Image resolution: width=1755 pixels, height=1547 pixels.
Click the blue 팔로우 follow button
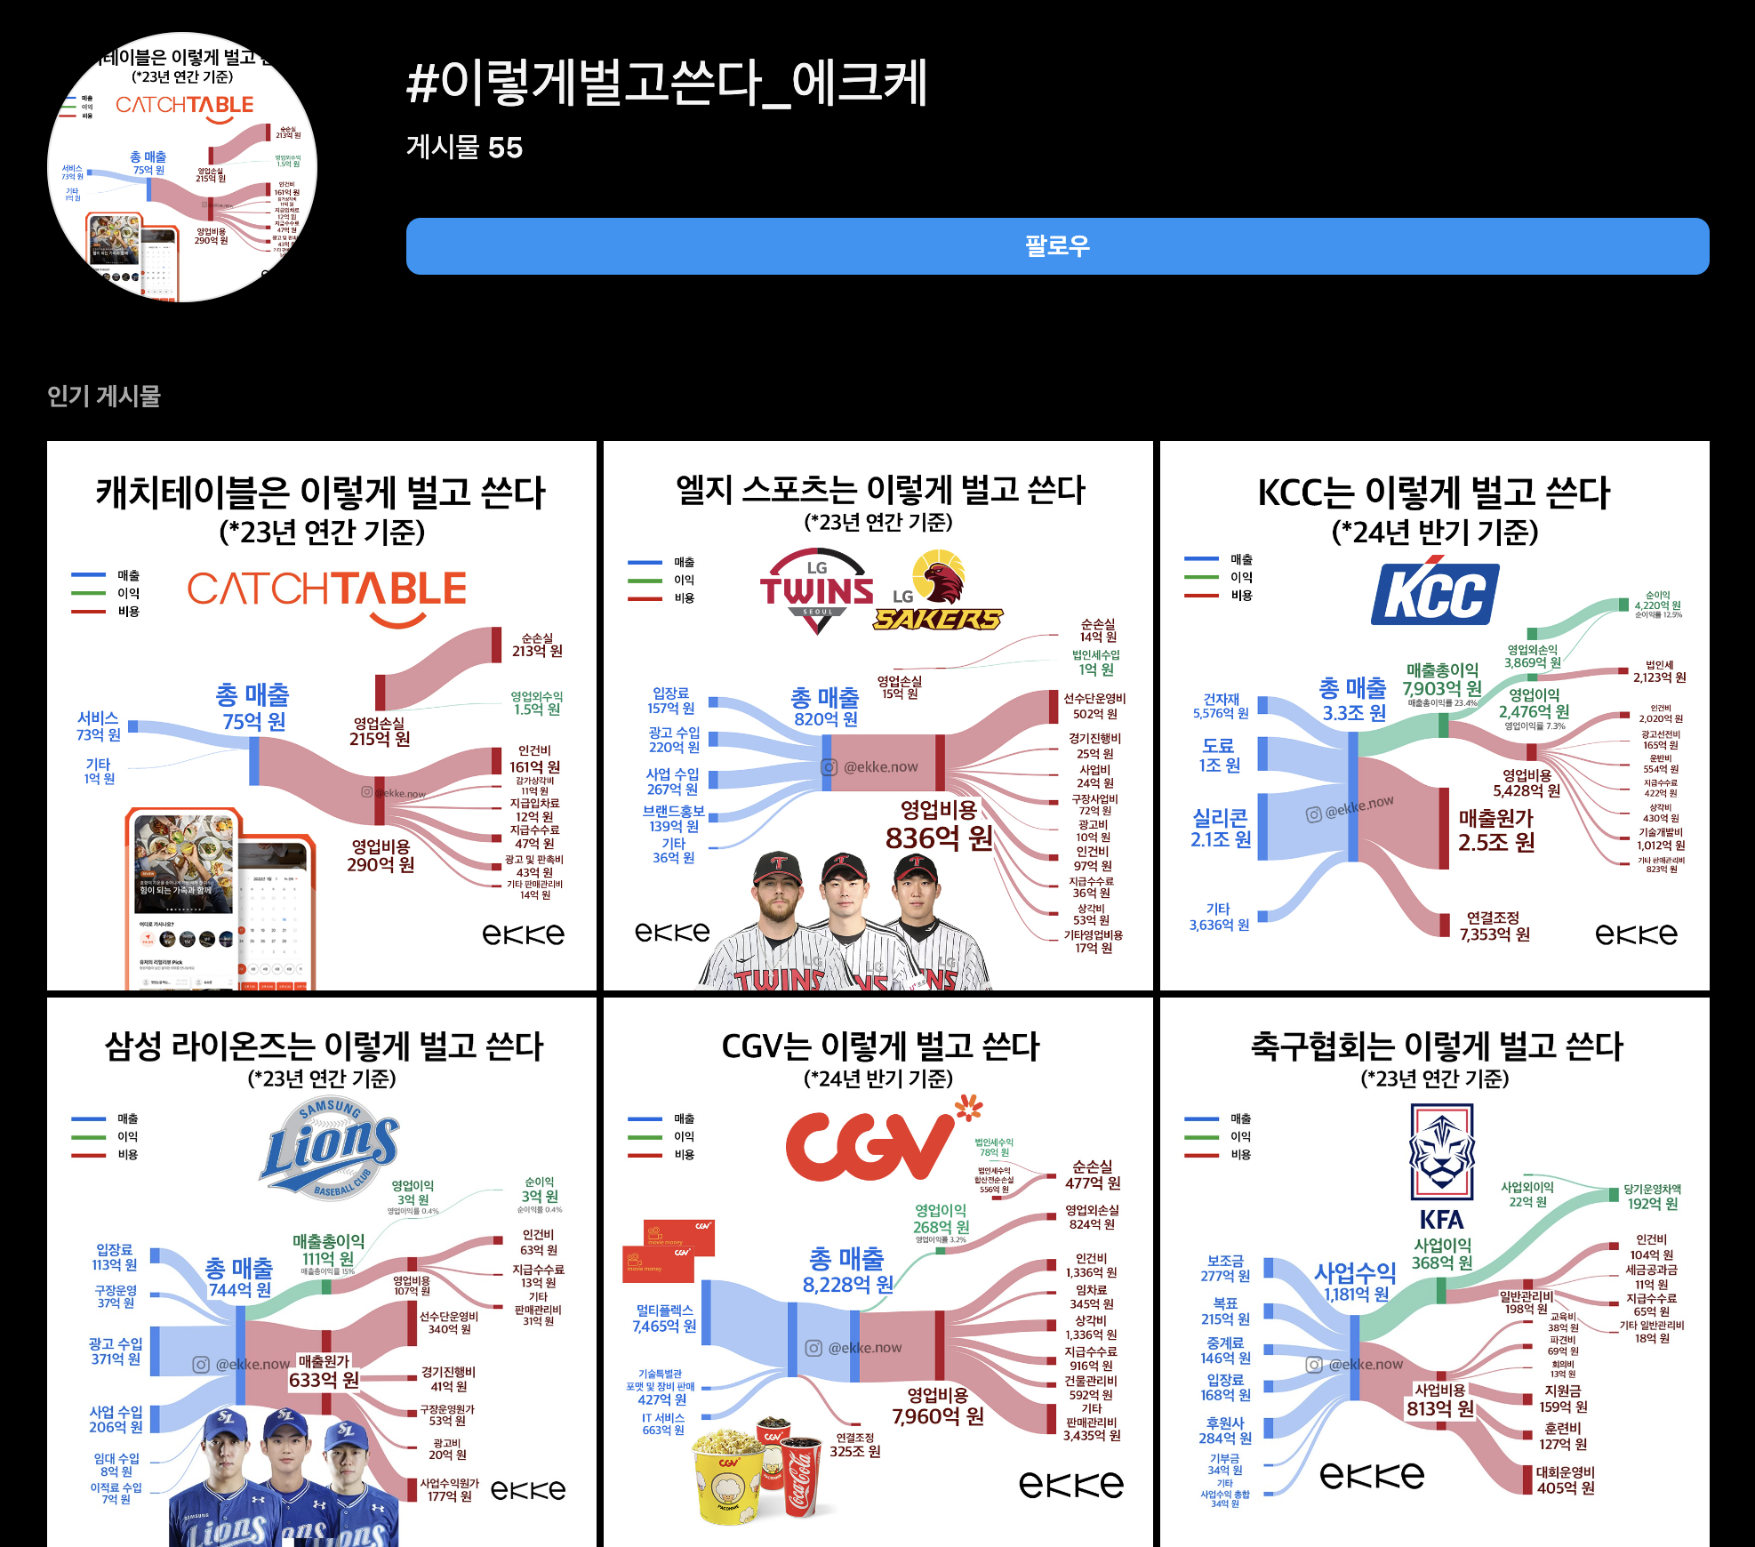click(x=1057, y=246)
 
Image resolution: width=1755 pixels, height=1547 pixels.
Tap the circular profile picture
click(x=182, y=168)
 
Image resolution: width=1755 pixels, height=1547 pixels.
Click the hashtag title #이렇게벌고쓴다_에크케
click(x=667, y=83)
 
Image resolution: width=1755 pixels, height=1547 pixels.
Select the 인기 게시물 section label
click(x=104, y=396)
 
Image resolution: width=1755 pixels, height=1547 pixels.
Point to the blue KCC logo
click(x=1434, y=593)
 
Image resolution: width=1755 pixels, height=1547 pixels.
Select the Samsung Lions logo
click(x=330, y=1147)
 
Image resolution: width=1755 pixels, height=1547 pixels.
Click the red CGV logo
click(x=869, y=1147)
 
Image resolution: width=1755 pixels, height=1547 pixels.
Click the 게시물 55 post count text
click(x=464, y=148)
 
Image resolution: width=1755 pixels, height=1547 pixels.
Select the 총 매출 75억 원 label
click(x=253, y=708)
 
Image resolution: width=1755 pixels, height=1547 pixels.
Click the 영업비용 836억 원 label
click(x=939, y=825)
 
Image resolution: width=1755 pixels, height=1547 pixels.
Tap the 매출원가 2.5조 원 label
click(x=1496, y=830)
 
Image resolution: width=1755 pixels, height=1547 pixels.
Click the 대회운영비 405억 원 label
click(x=1566, y=1480)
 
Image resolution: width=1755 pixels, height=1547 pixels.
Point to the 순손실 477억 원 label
click(x=1093, y=1174)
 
